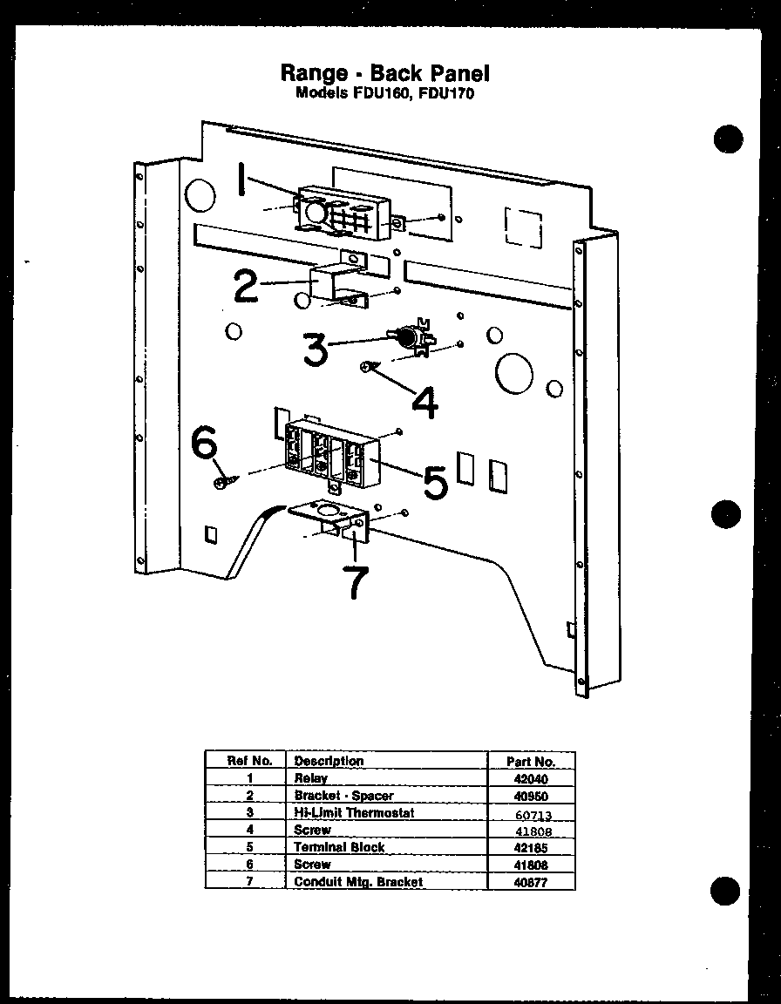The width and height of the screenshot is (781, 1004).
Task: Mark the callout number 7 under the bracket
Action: click(355, 582)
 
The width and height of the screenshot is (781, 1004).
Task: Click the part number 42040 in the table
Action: click(531, 779)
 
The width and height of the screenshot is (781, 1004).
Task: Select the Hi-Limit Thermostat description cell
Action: click(353, 812)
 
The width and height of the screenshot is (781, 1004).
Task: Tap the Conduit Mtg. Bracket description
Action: click(358, 882)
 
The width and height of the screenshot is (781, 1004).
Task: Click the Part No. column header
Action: click(531, 761)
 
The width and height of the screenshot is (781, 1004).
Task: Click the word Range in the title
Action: click(314, 72)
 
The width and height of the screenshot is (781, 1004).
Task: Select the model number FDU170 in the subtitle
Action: click(446, 93)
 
